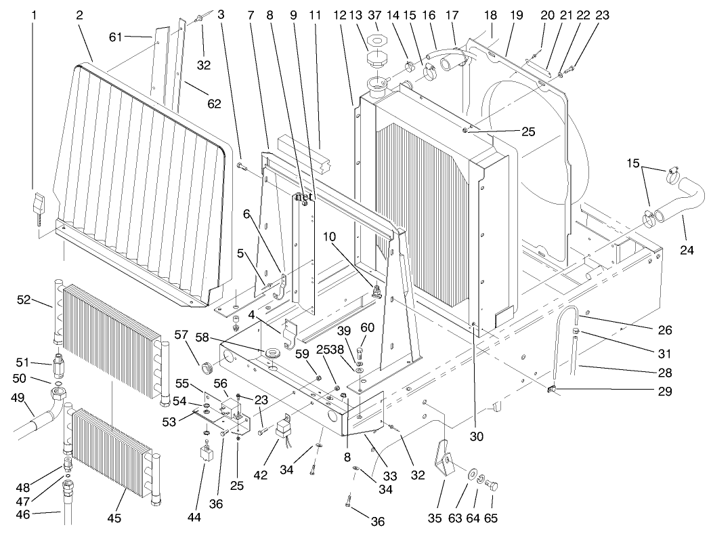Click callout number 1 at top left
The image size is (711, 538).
34,15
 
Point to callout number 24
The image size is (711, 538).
687,251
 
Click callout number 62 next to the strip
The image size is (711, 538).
214,104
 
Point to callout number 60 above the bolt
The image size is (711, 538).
368,327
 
